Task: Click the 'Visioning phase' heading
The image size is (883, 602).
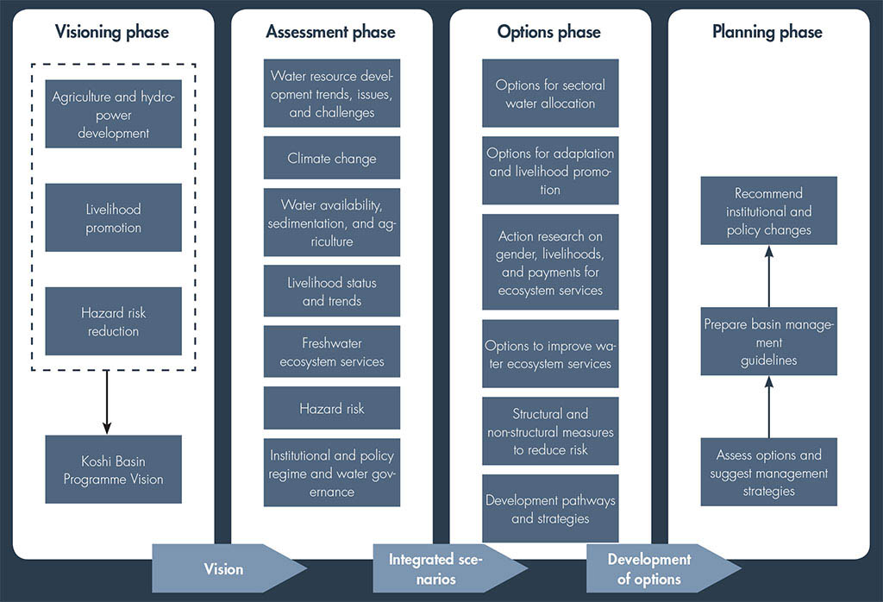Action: point(112,33)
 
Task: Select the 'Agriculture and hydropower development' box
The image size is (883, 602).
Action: point(113,115)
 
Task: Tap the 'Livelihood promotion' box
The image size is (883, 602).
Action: point(113,218)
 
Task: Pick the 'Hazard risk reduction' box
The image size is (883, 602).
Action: point(113,322)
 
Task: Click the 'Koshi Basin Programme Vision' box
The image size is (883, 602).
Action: point(113,470)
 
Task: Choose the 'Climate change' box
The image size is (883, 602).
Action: point(332,159)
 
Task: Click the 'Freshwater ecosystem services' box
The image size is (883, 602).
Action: point(332,352)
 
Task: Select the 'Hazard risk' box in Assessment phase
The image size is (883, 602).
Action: point(332,408)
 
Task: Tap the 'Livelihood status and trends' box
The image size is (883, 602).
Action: point(332,292)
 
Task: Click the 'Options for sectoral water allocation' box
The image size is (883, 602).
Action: point(550,94)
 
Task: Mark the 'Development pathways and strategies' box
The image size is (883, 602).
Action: point(550,509)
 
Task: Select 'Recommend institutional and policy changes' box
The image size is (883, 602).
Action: point(768,211)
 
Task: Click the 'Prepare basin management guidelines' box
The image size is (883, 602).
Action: point(768,342)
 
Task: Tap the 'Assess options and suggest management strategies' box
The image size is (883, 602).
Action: point(768,473)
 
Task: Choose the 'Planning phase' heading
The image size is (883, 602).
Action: point(767,33)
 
